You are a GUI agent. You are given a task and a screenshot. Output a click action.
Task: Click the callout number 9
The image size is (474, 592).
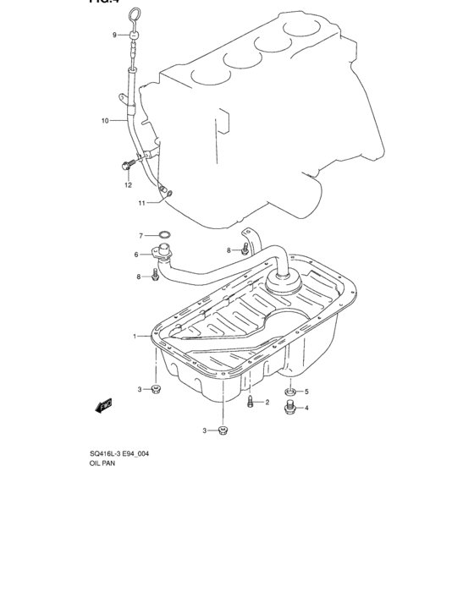[x=114, y=35]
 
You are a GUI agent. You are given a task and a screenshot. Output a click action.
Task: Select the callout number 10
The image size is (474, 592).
[x=106, y=121]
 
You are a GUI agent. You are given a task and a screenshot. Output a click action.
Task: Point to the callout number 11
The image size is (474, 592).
[x=142, y=203]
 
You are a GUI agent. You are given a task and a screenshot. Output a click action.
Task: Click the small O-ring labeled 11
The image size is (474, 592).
[x=169, y=193]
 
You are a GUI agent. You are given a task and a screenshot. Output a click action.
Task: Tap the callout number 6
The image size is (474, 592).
[x=135, y=255]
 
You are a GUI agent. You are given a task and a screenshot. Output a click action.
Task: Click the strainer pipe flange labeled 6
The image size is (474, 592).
[x=161, y=253]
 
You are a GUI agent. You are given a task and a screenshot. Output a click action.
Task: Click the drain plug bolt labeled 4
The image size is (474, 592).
[x=291, y=408]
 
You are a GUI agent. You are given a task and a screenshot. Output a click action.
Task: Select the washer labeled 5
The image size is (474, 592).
[x=290, y=392]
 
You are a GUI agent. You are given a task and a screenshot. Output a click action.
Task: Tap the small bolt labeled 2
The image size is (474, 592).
[x=251, y=403]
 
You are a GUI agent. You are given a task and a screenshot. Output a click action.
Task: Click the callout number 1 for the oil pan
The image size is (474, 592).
[x=134, y=337]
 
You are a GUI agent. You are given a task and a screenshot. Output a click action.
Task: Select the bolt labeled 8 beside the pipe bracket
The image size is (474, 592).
[x=244, y=249]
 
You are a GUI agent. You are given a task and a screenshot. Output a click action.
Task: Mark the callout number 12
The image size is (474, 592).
[x=129, y=185]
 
